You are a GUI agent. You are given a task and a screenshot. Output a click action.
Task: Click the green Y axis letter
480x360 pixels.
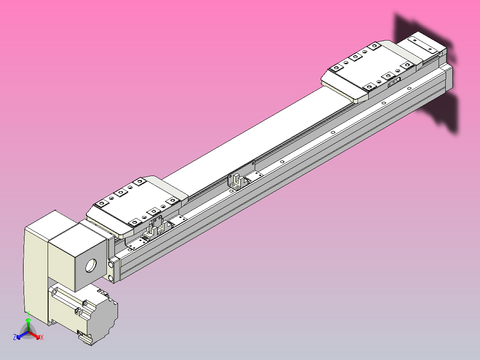click(x=28, y=313)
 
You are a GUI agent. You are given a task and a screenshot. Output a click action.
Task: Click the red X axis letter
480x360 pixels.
click(x=41, y=338)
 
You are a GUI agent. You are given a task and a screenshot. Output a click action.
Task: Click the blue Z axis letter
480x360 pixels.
click(x=15, y=338)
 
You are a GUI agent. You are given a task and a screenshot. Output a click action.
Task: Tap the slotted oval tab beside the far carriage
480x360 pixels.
click(x=394, y=82)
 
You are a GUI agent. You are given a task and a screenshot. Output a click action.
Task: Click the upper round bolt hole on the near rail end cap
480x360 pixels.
click(x=110, y=266)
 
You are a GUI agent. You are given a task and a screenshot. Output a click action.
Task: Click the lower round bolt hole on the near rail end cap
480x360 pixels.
click(x=110, y=278)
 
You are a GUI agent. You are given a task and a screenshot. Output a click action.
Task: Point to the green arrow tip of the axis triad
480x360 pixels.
click(x=28, y=320)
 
